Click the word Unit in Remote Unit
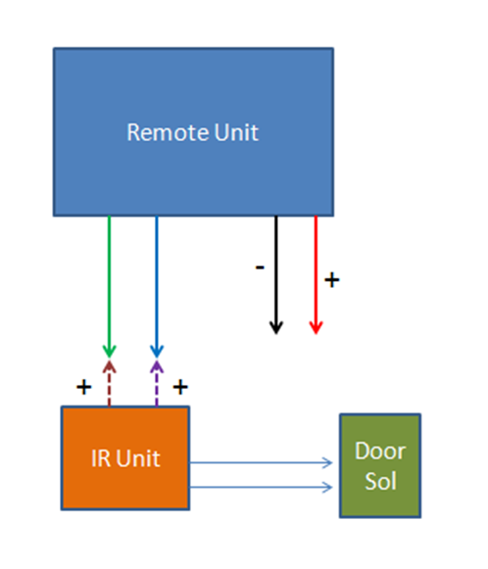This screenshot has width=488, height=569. point(236,132)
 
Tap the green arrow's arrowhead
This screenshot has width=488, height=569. point(110,352)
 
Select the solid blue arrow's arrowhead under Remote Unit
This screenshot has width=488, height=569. point(157,352)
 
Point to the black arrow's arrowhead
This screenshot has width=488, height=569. point(276,327)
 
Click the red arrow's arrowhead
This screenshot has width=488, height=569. point(316,327)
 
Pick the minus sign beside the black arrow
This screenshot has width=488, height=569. point(260,267)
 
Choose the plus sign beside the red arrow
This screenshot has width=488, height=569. point(332,280)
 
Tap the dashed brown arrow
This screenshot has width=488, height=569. point(110,383)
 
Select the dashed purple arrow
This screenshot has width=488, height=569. point(157,383)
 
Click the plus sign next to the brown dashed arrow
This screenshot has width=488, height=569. point(84,387)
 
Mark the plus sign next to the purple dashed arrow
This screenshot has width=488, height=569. point(180,387)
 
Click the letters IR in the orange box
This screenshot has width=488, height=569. point(101,458)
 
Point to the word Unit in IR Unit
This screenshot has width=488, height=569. point(138,458)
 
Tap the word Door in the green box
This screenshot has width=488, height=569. point(380,451)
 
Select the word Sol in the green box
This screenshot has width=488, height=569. point(380,481)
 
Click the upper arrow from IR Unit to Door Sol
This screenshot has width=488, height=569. point(261,462)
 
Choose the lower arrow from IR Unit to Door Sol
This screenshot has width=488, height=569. point(261,487)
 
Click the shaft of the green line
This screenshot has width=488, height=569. point(110,280)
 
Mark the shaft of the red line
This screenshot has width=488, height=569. point(316,268)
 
